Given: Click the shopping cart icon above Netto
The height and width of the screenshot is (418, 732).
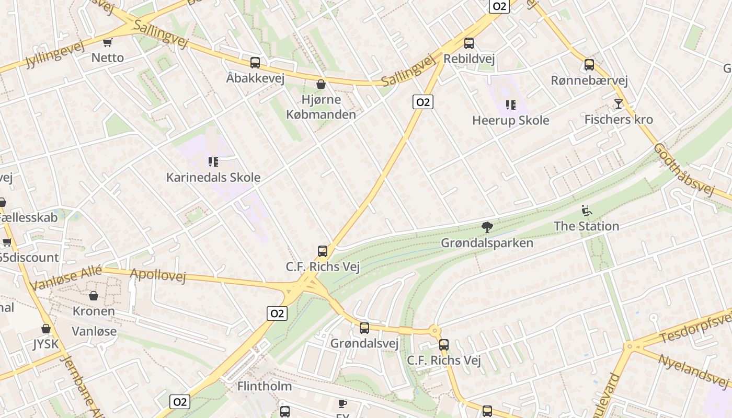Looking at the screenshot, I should coord(108,42).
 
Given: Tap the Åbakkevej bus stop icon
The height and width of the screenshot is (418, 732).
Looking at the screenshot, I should coord(255,63).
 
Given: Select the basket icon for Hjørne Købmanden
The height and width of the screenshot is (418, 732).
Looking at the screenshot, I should coord(321,84).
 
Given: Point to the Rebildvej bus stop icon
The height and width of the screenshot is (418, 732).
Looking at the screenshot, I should coord(469,43).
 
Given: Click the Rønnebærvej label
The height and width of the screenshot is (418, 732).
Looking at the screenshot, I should coord(589,80).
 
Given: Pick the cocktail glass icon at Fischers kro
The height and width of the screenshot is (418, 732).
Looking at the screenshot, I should coord(619,103).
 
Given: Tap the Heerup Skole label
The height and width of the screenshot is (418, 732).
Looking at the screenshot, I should coord(510,120).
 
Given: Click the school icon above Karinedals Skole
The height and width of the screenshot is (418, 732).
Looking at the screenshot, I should coord(213,162).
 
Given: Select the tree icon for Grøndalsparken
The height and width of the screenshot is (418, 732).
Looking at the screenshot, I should coord(487,227).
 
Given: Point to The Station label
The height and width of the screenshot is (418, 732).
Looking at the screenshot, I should coord(586,226).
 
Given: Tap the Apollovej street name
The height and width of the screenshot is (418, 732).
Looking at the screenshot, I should coord(157,274).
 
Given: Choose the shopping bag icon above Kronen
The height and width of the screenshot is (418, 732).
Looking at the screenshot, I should coord(94,296).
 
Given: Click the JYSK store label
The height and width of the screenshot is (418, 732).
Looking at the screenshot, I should coord(46,344).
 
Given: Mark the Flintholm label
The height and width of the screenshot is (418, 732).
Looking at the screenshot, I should coord(265,387).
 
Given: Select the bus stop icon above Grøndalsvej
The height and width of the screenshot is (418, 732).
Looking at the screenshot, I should coord(364,328).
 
